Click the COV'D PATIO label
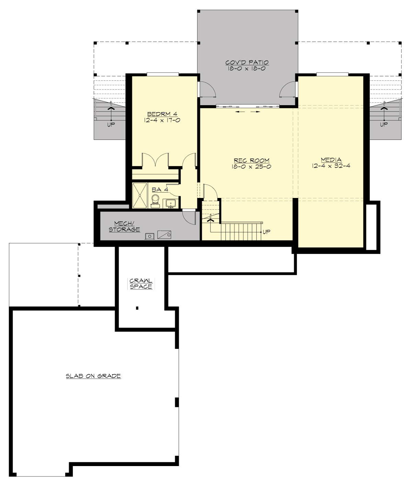pos(247,63)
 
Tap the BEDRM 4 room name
pos(162,114)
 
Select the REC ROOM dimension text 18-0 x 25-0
pos(251,167)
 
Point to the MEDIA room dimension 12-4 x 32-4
pos(331,166)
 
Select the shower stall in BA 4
pos(140,196)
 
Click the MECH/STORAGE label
pos(124,227)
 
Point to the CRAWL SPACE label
pos(141,284)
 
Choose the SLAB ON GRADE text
pos(93,376)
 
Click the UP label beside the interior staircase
pos(266,232)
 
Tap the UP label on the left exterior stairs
pos(111,124)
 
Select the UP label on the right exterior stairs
pos(384,124)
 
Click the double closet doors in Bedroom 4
pos(155,160)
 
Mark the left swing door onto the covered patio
pos(207,89)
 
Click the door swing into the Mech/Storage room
pos(188,217)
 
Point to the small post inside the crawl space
pos(137,308)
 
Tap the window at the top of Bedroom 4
pos(163,74)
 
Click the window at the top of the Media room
pos(332,74)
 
